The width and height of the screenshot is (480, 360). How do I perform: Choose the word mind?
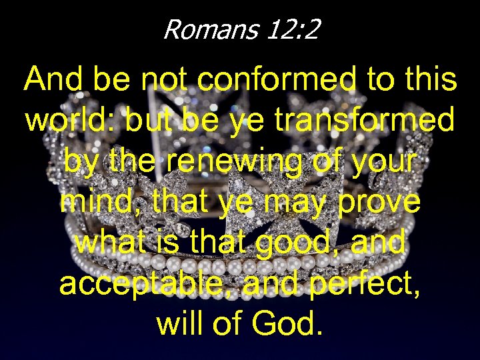(91, 202)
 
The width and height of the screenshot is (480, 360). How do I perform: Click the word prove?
(379, 202)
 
